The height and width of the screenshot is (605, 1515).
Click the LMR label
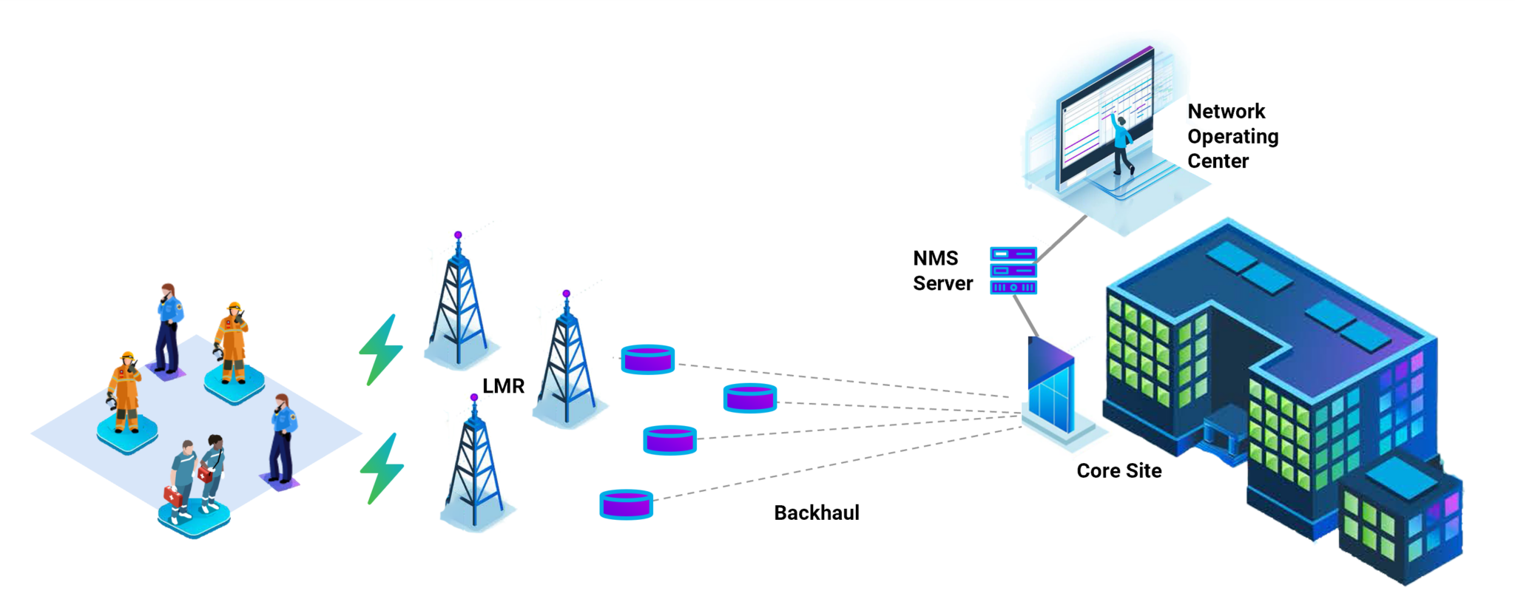(x=503, y=386)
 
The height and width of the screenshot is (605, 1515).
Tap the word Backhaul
(x=816, y=513)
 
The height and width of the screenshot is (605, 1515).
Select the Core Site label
(x=1118, y=470)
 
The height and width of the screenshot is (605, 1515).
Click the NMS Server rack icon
(x=1013, y=271)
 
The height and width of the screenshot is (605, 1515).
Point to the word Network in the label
(x=1226, y=112)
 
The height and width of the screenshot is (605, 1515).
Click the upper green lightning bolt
(x=382, y=350)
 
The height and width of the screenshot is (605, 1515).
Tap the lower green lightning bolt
(x=382, y=468)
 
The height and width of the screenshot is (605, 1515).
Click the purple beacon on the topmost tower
(x=458, y=235)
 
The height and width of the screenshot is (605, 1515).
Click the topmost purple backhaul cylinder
(x=647, y=359)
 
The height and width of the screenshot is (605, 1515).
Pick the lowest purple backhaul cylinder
(x=626, y=505)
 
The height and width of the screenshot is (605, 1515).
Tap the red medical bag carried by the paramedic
(x=172, y=496)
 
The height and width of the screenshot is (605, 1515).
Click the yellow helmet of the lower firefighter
(x=127, y=356)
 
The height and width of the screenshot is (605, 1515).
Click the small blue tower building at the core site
(x=1050, y=388)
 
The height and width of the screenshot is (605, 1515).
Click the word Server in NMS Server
(x=942, y=283)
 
